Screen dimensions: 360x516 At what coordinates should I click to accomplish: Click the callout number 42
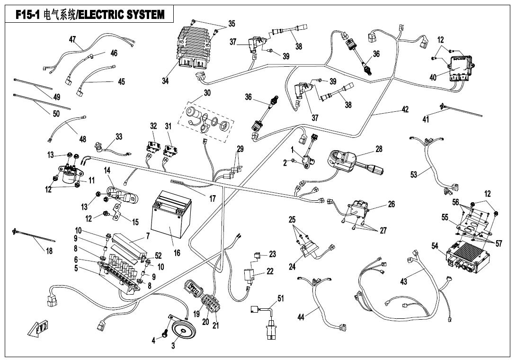(x=405, y=109)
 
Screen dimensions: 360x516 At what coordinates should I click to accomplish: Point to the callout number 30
(x=207, y=93)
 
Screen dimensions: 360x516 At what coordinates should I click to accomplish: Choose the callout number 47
(x=72, y=39)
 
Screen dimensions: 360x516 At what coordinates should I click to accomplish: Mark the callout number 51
(x=281, y=297)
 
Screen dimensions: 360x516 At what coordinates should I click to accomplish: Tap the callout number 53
(x=414, y=175)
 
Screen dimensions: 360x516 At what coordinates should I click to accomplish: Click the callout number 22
(x=269, y=271)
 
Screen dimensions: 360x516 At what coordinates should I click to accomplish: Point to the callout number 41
(x=426, y=119)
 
